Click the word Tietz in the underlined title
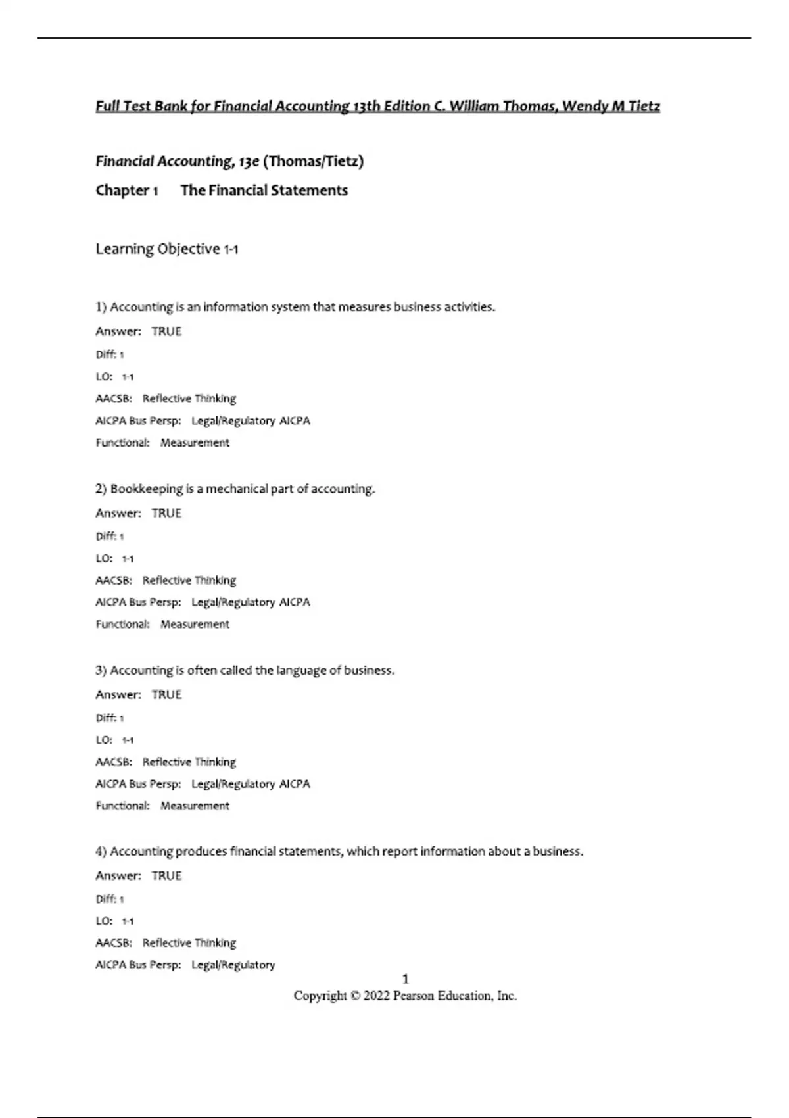(644, 107)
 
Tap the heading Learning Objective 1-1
(167, 249)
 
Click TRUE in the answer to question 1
(166, 331)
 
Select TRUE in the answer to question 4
(166, 876)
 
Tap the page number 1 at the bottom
(405, 979)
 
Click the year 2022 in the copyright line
(377, 996)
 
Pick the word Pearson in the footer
(416, 996)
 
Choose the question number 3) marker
(101, 671)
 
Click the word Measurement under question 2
(195, 625)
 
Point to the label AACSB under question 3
(113, 762)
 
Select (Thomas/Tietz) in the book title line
(313, 162)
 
